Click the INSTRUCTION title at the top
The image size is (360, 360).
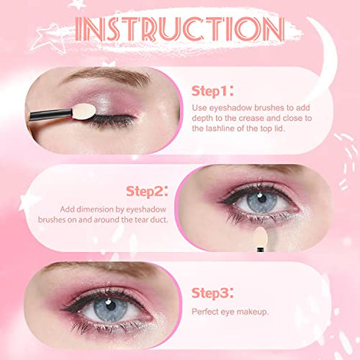point(179,29)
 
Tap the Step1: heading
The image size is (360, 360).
point(212,91)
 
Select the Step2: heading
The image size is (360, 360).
point(147,191)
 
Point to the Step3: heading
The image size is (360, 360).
point(212,293)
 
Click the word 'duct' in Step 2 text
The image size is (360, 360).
point(159,220)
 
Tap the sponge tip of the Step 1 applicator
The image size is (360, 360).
point(84,112)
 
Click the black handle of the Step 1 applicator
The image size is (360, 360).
point(51,115)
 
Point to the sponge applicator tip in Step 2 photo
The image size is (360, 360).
point(260,236)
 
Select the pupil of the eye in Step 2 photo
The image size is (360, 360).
point(262,198)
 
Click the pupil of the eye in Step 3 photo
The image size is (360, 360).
point(111,306)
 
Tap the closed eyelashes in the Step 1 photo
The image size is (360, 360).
point(112,120)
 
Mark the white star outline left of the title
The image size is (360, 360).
point(48,39)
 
